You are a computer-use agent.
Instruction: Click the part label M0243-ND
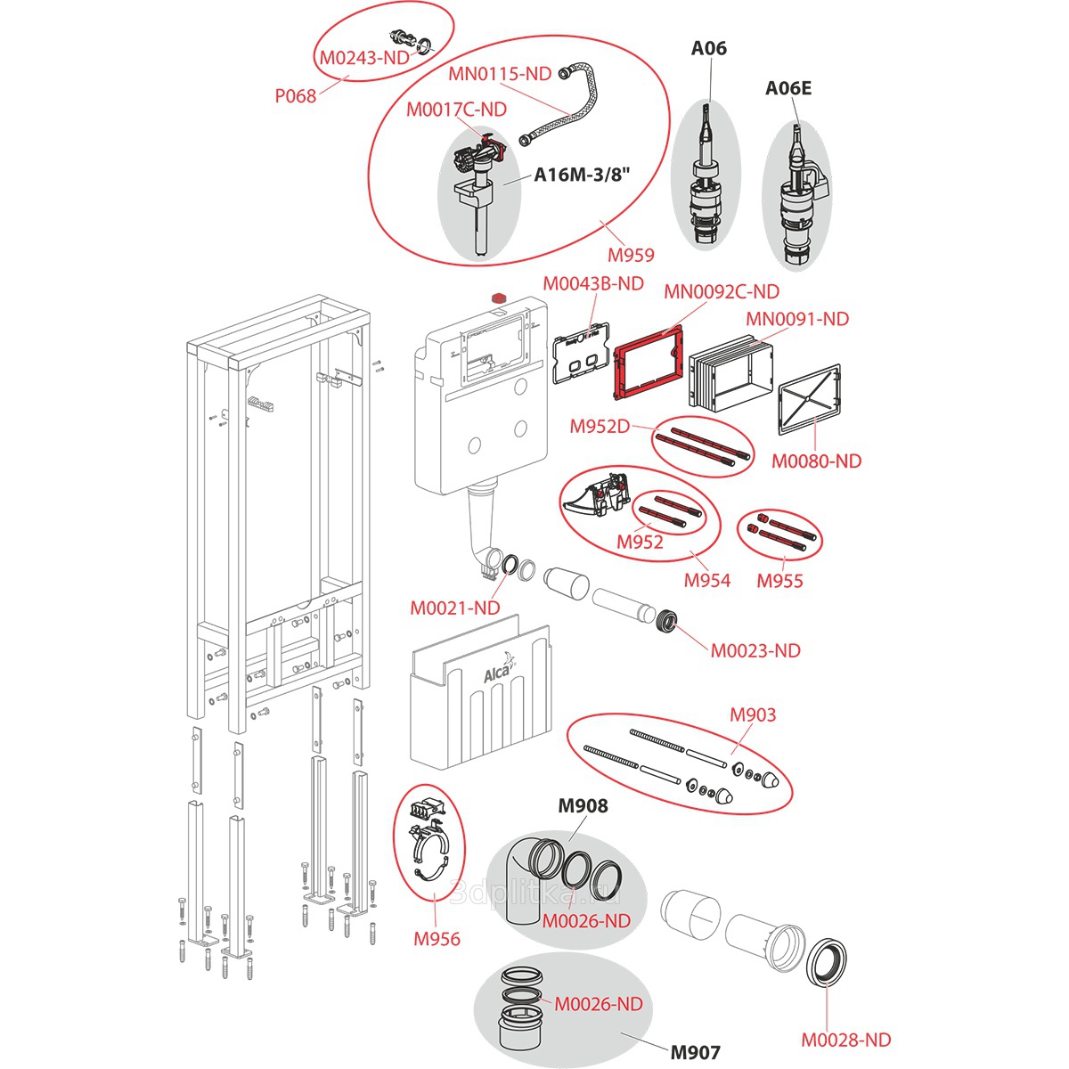(x=363, y=58)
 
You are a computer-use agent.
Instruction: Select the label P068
(x=295, y=95)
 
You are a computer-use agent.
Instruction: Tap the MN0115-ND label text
(x=500, y=74)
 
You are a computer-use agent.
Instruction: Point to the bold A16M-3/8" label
(x=582, y=175)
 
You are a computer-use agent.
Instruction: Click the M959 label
(x=631, y=255)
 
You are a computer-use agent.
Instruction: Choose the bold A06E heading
(x=788, y=88)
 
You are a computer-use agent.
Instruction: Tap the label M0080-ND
(x=816, y=461)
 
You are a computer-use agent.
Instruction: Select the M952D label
(x=600, y=427)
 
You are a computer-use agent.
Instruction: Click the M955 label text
(x=779, y=581)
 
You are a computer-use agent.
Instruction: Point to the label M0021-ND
(x=454, y=608)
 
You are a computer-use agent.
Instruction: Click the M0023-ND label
(x=755, y=650)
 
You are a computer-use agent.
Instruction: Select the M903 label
(x=753, y=714)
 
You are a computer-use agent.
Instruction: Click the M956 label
(x=437, y=938)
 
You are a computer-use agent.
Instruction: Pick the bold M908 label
(x=583, y=806)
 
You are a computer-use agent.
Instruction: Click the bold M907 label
(x=695, y=1052)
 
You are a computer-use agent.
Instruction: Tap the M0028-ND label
(x=845, y=1040)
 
